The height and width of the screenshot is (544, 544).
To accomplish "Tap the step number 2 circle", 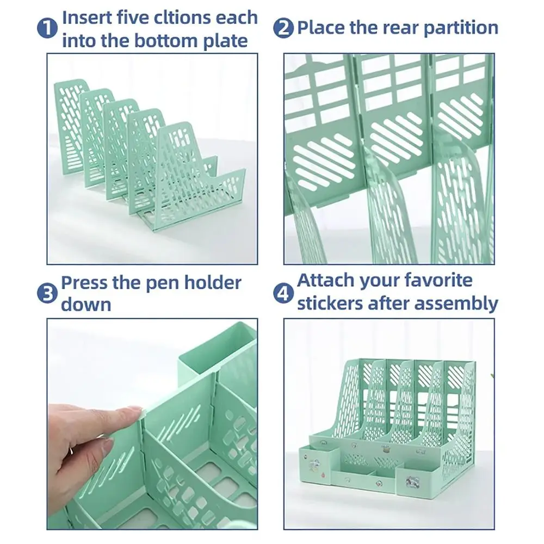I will pyautogui.click(x=284, y=28).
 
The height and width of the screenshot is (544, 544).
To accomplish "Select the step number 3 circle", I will pyautogui.click(x=48, y=294).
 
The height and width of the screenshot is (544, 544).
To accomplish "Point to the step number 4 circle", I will pyautogui.click(x=284, y=294).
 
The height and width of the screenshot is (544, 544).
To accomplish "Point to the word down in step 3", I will pyautogui.click(x=85, y=305).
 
